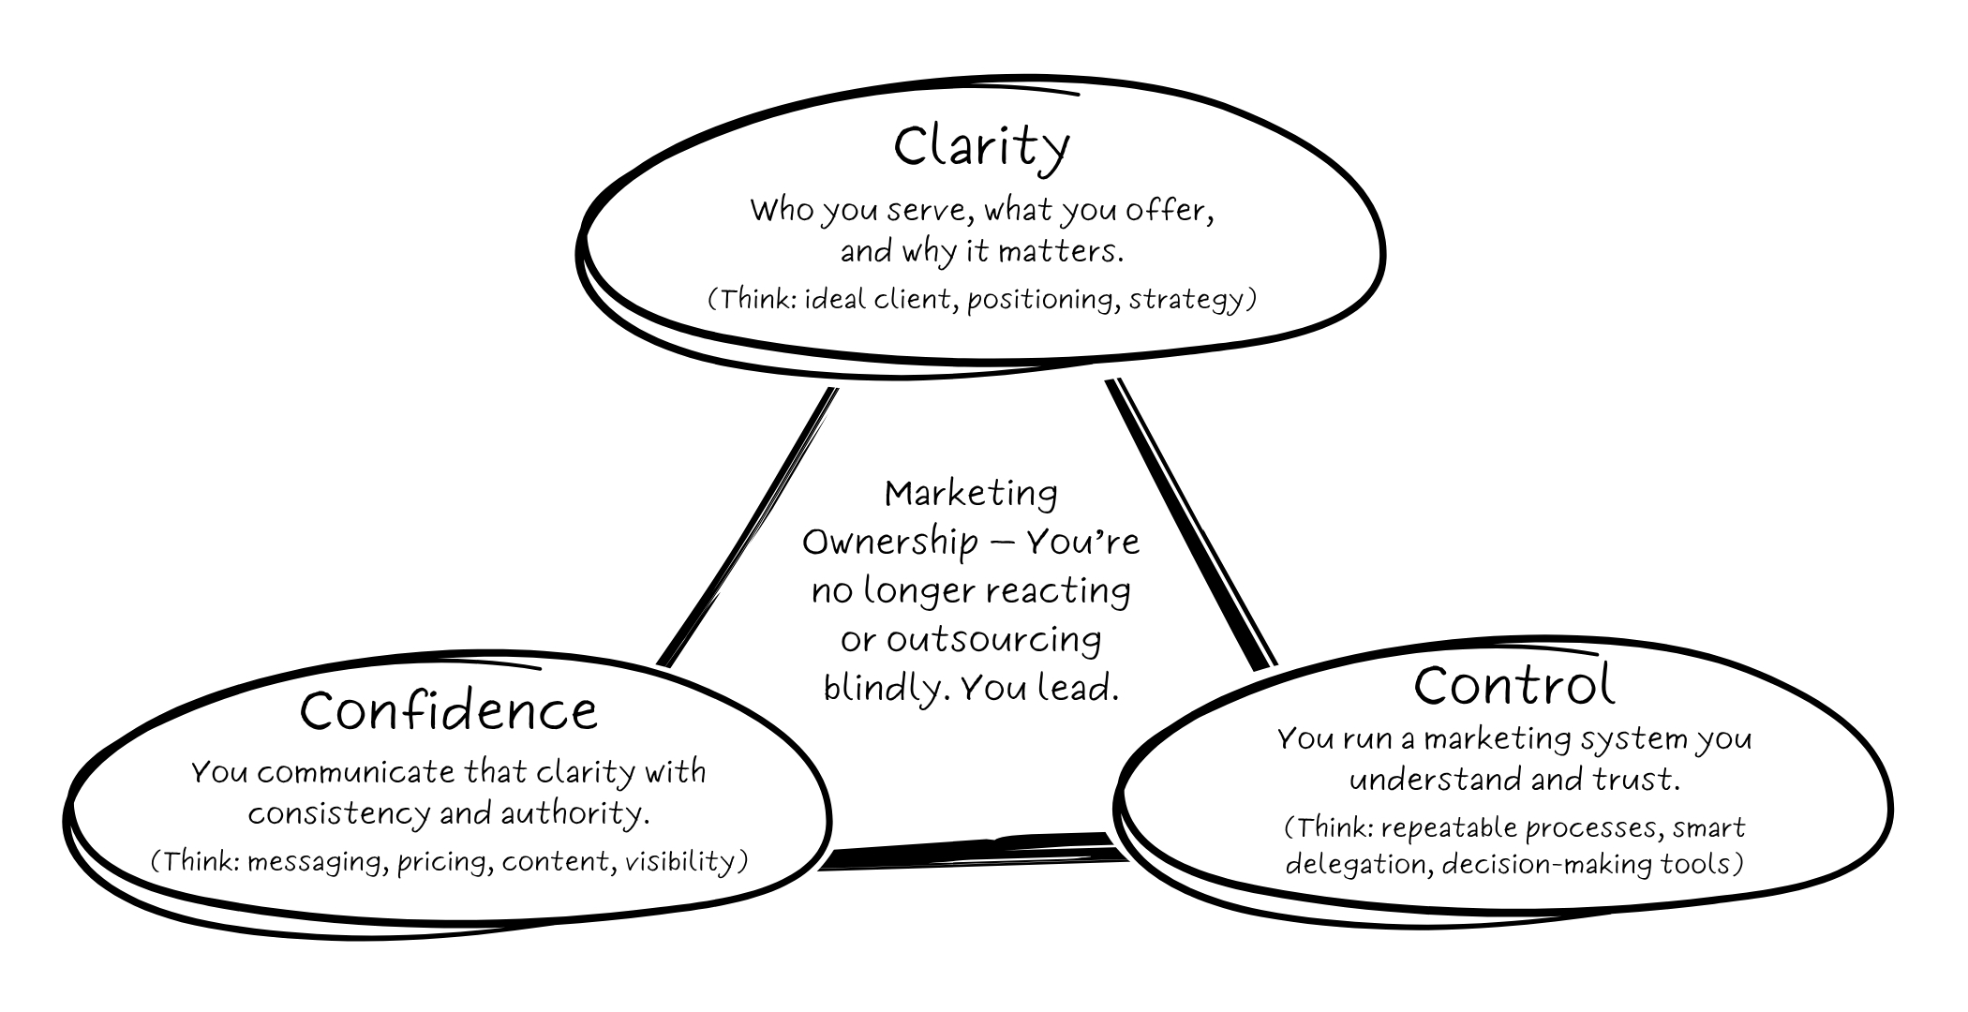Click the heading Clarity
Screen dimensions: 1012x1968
click(x=981, y=147)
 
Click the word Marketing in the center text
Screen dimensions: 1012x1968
click(x=971, y=493)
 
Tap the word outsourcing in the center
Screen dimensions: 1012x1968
click(x=993, y=640)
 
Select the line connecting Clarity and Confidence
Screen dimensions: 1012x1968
click(x=750, y=525)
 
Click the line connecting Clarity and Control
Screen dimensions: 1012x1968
click(x=1190, y=525)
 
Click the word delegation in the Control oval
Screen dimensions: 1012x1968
click(x=1356, y=863)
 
